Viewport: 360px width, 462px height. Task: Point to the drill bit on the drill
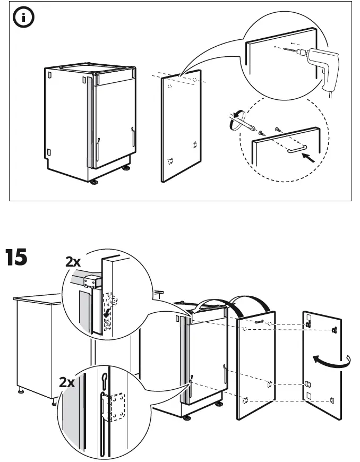[x=290, y=49]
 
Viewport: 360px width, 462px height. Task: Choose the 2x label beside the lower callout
[x=67, y=382]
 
